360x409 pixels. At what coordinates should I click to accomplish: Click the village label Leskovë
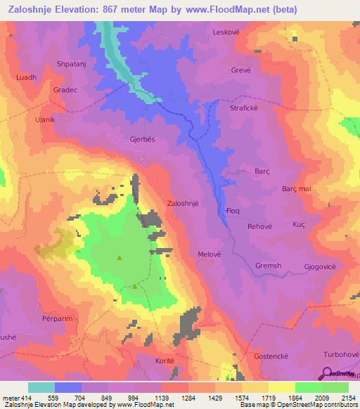[x=228, y=32]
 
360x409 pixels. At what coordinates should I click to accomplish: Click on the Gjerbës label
[x=141, y=139]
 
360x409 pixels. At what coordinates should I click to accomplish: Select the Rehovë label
[x=259, y=226]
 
